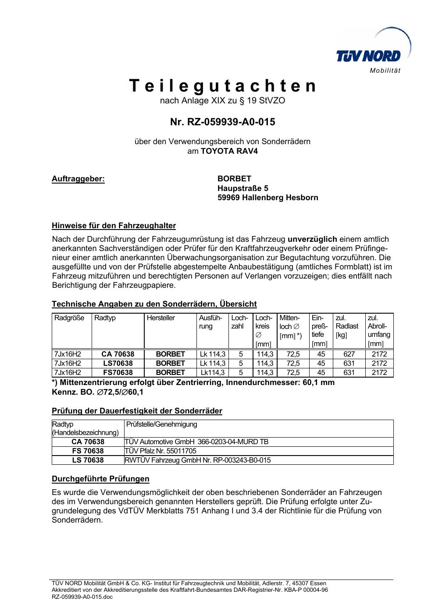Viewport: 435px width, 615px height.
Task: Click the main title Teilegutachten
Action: click(x=222, y=86)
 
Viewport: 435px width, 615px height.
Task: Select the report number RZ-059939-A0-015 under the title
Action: click(x=222, y=122)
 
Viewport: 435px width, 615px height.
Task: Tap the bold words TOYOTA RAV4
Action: click(x=226, y=151)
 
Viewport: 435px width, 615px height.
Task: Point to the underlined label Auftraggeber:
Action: click(x=78, y=179)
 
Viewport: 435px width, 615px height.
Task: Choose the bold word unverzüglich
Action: click(x=312, y=239)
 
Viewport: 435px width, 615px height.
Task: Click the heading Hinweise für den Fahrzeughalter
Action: click(x=114, y=226)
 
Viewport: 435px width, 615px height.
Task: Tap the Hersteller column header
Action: click(x=161, y=318)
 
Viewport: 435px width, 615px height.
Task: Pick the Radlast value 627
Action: click(x=349, y=354)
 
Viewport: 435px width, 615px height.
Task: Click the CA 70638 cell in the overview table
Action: click(x=118, y=354)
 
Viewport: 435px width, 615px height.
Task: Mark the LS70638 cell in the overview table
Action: click(x=118, y=364)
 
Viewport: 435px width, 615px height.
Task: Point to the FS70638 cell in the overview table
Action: click(x=118, y=373)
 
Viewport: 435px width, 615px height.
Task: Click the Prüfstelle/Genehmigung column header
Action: click(x=162, y=424)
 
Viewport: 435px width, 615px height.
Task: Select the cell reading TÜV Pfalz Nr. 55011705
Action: click(x=161, y=451)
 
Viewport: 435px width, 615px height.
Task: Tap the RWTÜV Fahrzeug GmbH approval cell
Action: click(x=198, y=460)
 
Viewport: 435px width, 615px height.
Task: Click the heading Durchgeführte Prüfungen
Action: click(x=100, y=479)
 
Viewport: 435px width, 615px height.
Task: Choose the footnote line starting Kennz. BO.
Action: click(x=97, y=392)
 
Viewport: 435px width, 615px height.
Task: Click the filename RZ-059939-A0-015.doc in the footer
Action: click(x=82, y=597)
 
